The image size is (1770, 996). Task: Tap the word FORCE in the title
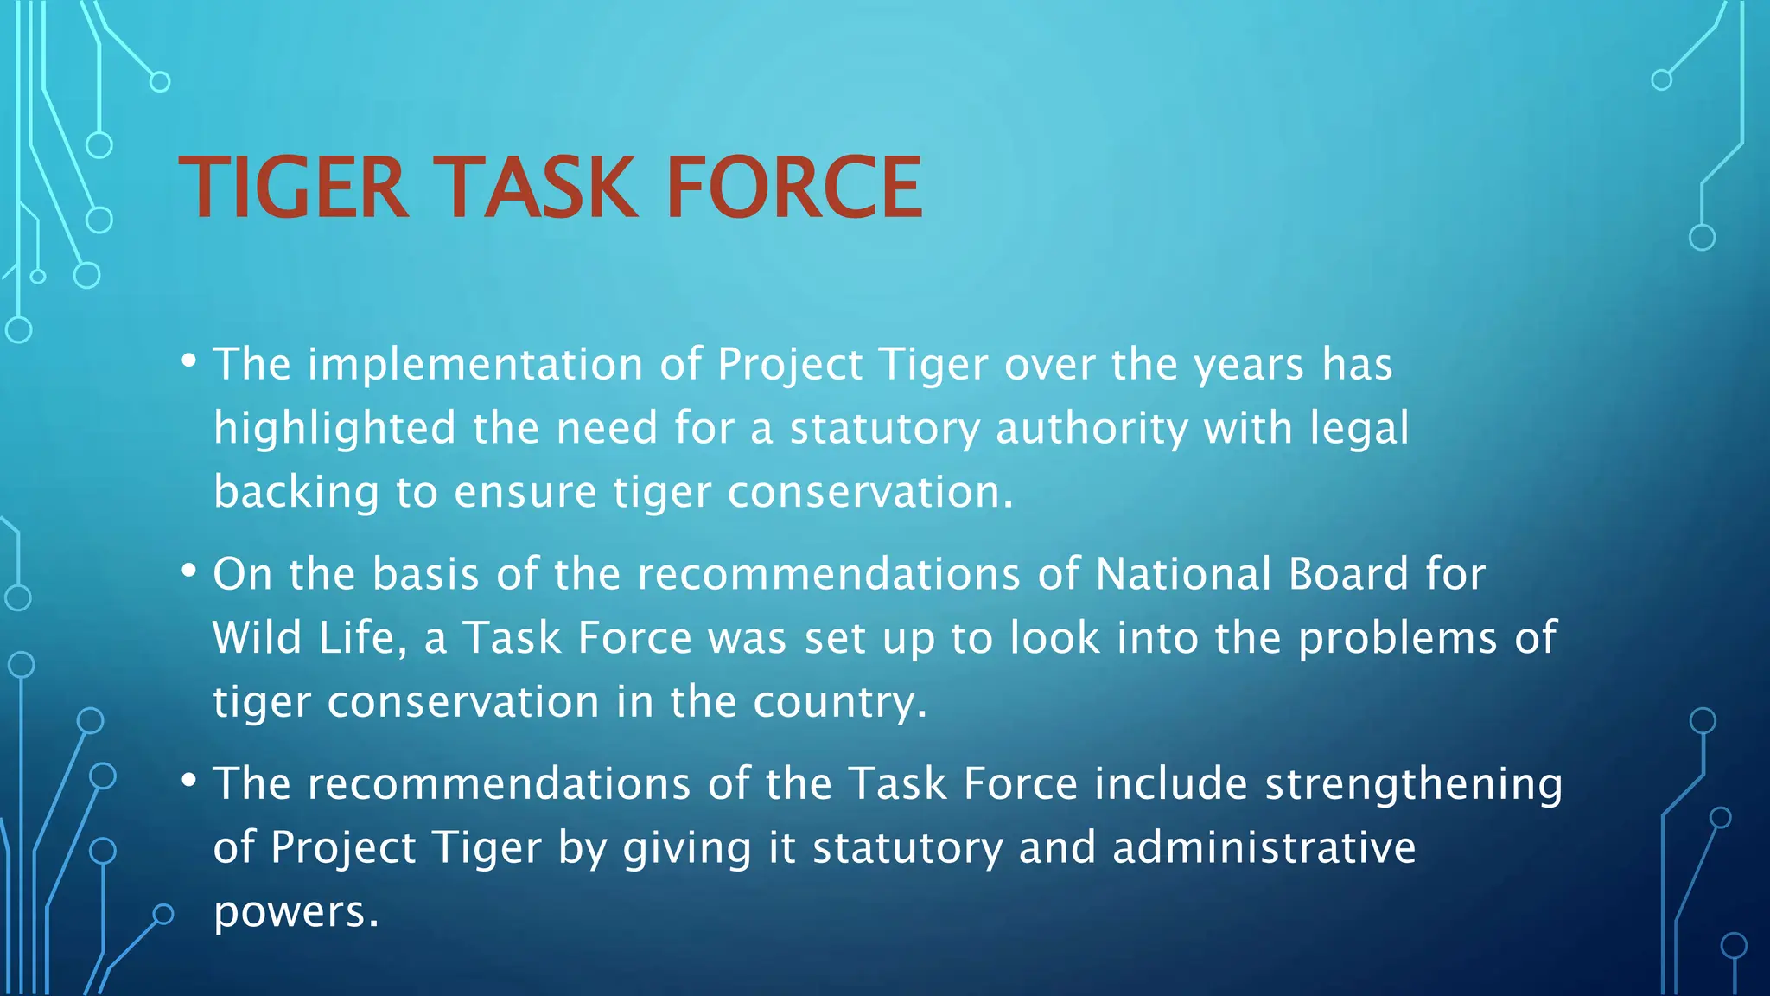793,188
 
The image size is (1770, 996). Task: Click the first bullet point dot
188,359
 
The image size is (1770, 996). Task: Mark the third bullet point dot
188,779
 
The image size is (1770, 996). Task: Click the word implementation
475,364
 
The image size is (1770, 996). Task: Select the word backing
296,492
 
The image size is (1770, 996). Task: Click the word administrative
1264,847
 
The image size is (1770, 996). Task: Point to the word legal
1359,429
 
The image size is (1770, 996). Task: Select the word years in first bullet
1248,365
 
